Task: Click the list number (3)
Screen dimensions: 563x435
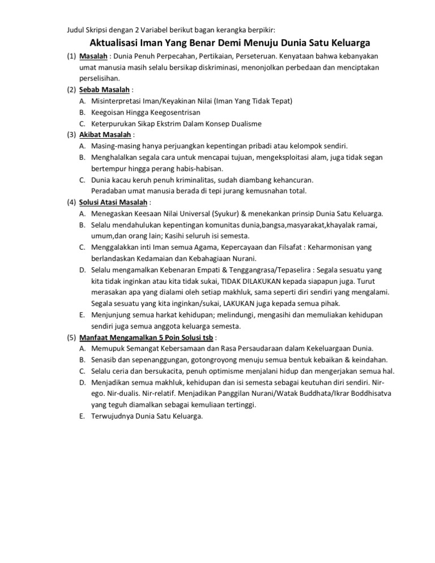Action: [x=70, y=135]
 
